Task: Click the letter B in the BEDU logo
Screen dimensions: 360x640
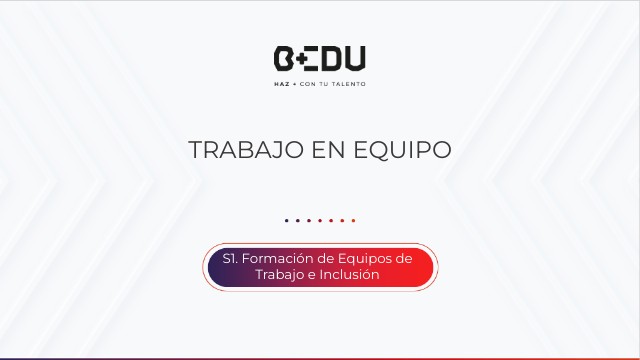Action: coord(284,58)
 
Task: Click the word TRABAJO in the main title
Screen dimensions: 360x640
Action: coord(237,150)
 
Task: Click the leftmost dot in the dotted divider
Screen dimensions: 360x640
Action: coord(286,220)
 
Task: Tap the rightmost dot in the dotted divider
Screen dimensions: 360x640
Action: coord(353,220)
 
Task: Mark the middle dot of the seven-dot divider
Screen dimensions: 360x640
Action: coord(320,220)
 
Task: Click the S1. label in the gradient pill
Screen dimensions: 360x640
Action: coord(230,258)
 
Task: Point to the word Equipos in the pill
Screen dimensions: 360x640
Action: coord(358,258)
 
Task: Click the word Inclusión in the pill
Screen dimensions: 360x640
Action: coord(349,274)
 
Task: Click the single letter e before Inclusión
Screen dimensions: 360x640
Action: coord(312,275)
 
